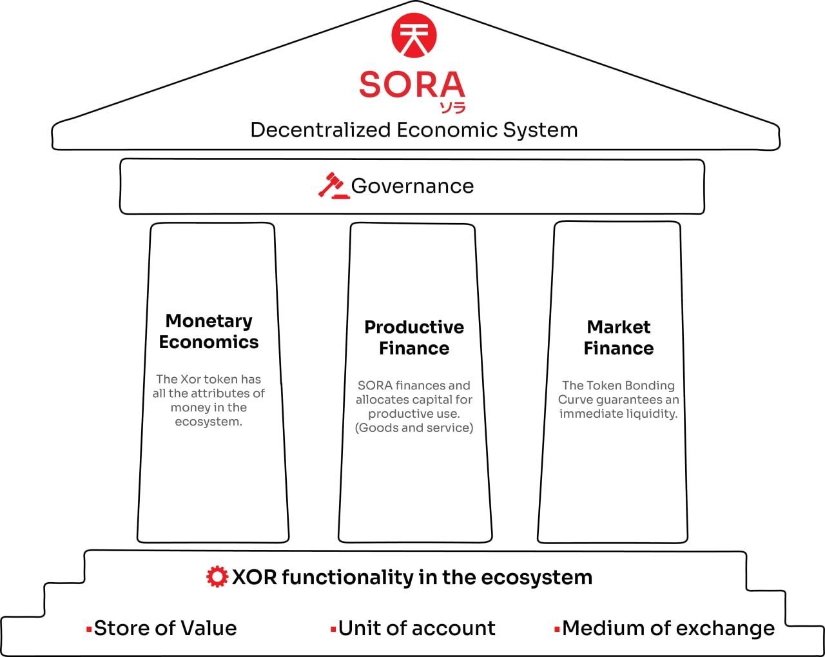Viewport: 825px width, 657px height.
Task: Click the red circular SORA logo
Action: click(x=414, y=35)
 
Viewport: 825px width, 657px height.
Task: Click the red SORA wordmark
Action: click(x=412, y=84)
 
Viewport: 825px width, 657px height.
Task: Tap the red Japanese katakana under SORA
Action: click(x=452, y=108)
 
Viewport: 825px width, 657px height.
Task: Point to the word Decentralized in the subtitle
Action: click(x=320, y=130)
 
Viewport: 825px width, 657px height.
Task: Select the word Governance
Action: click(x=412, y=186)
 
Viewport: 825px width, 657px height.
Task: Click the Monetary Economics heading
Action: click(x=209, y=331)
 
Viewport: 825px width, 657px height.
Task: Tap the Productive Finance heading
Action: click(x=414, y=337)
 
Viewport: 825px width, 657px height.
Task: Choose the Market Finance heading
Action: click(x=619, y=337)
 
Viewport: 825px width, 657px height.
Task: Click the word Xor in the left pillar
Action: click(x=189, y=379)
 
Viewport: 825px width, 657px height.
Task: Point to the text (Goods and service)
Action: click(x=414, y=427)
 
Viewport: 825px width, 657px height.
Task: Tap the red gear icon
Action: click(x=217, y=576)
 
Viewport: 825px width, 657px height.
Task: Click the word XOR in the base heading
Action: click(x=254, y=577)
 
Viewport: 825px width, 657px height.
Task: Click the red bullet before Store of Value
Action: click(x=89, y=629)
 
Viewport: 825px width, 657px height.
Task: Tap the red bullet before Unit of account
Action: click(x=333, y=629)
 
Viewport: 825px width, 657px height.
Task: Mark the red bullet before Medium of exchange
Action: click(x=557, y=629)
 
